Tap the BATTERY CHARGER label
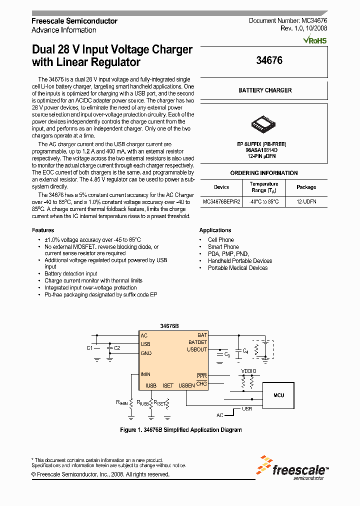(265, 90)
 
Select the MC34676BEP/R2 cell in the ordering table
(221, 202)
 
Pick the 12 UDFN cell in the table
(306, 202)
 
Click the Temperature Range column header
(263, 187)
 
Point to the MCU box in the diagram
(278, 395)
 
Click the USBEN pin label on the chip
(186, 385)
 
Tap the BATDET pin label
(197, 342)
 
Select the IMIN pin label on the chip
(145, 374)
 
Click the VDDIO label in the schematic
(248, 371)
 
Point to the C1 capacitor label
(89, 348)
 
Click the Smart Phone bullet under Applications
(223, 247)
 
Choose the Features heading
(43, 230)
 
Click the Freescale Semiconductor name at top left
(74, 21)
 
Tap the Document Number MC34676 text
(287, 21)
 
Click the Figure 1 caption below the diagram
(181, 430)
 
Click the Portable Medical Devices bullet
(237, 268)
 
